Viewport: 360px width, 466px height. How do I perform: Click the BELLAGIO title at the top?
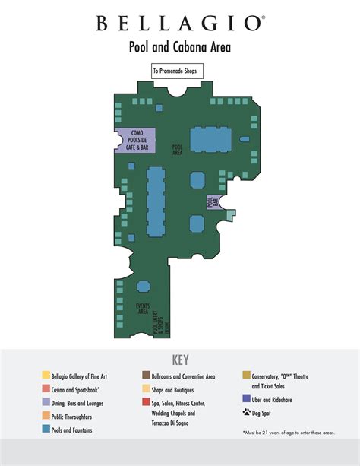pos(180,24)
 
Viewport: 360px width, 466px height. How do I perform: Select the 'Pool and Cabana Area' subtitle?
pos(180,47)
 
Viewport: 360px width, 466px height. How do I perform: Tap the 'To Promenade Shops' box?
pos(179,71)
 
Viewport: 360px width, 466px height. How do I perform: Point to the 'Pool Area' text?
pos(178,150)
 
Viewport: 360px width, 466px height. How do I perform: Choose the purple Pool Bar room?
pos(213,201)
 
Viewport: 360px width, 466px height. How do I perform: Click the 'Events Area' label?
pos(142,308)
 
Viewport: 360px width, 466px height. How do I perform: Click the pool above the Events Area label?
pos(144,287)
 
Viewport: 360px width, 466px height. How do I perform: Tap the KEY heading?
pos(180,360)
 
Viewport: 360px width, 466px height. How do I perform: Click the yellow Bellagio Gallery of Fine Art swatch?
pos(46,376)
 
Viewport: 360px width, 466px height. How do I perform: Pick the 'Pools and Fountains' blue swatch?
pos(46,430)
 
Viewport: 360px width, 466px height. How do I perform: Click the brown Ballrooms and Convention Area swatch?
pos(145,376)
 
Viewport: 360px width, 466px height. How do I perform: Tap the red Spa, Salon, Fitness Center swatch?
pos(145,402)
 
